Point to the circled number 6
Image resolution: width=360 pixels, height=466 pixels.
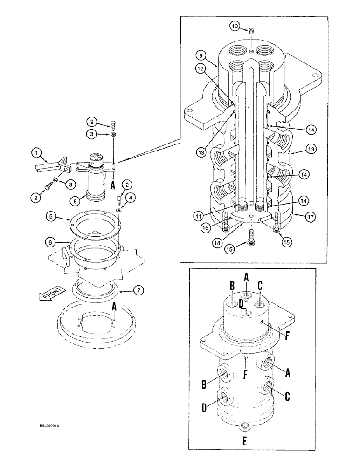pos(51,242)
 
